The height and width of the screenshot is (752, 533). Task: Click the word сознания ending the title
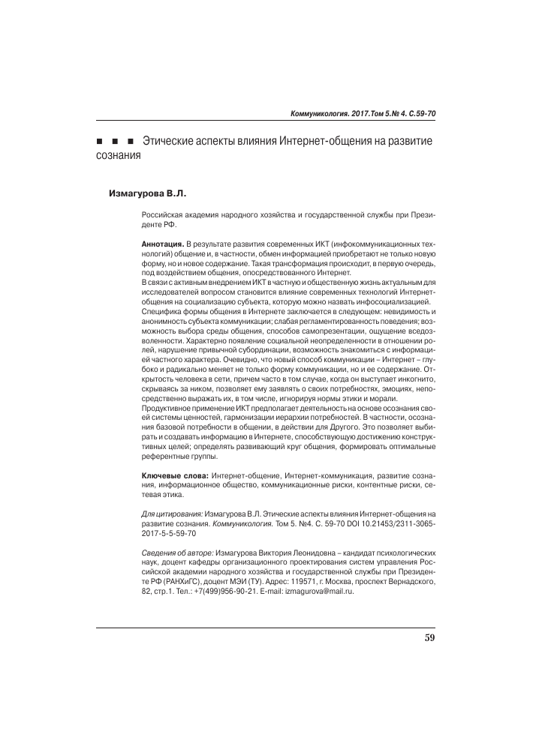(x=119, y=157)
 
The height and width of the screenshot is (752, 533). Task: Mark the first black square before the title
(x=100, y=143)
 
